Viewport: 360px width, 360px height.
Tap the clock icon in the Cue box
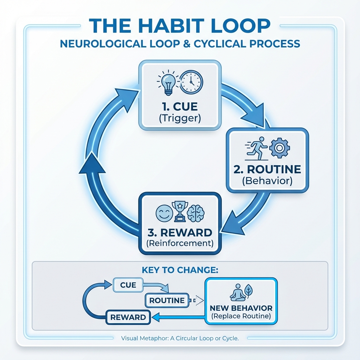click(191, 81)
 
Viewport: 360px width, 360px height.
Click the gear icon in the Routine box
click(279, 148)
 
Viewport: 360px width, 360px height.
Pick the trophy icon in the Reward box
click(180, 211)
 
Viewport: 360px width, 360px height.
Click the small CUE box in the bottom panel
click(128, 285)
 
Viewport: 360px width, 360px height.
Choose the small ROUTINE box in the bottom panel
click(167, 301)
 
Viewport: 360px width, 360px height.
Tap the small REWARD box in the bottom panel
click(128, 317)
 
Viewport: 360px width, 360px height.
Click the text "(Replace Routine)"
click(241, 316)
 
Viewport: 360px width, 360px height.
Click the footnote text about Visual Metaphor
click(180, 339)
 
